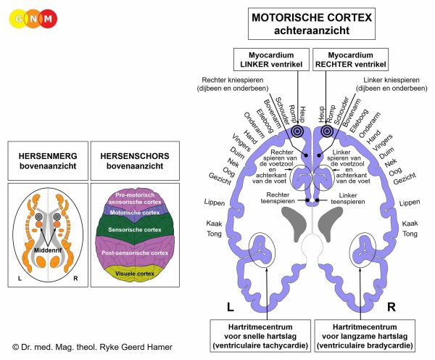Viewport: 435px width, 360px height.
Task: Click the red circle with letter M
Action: (x=49, y=19)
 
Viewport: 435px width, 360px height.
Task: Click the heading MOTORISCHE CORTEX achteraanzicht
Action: (x=312, y=24)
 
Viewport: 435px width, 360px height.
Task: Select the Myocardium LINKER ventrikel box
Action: (x=271, y=60)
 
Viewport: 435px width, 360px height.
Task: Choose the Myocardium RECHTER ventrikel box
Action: (x=351, y=60)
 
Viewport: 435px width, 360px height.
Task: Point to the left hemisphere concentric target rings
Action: (x=298, y=131)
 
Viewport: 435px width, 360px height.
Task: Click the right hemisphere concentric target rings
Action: (x=327, y=131)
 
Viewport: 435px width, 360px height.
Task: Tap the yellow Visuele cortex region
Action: (x=135, y=274)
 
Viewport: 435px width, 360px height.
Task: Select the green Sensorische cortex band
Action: (x=135, y=229)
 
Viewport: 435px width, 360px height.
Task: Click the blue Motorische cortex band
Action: (x=135, y=213)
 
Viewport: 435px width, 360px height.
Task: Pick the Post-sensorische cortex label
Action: (x=135, y=253)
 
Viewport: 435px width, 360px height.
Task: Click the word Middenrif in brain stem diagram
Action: (x=48, y=250)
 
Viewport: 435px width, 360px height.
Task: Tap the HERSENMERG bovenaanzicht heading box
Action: (x=48, y=161)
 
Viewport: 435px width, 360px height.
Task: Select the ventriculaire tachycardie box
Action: (x=260, y=336)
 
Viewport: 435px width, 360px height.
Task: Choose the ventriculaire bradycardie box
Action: (x=365, y=336)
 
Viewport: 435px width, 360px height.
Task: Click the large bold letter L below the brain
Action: (x=231, y=307)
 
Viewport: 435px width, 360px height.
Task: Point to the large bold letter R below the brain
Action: (x=391, y=307)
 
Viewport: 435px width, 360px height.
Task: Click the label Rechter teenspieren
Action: (x=278, y=198)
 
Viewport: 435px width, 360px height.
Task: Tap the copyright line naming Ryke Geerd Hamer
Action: (x=92, y=347)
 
